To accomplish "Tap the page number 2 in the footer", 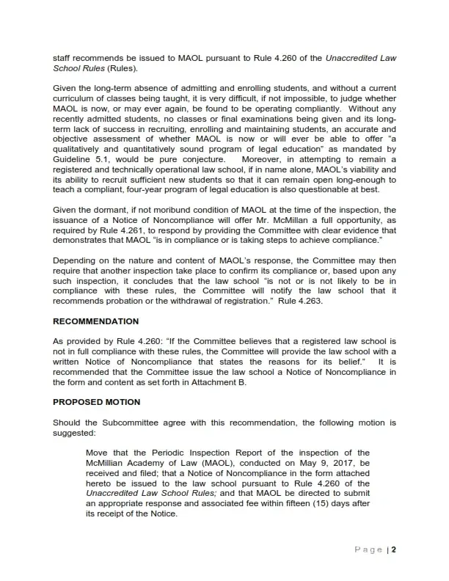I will pos(394,549).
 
